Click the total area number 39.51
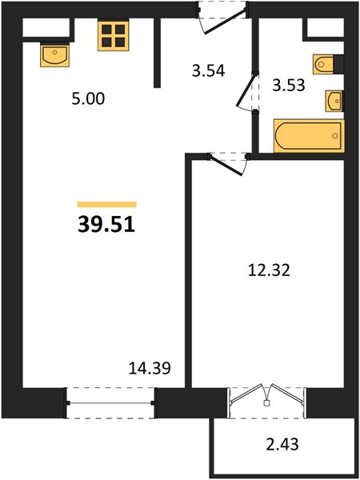click(x=106, y=225)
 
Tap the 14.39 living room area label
click(x=150, y=368)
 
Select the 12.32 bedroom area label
click(x=269, y=270)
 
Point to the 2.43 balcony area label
click(x=282, y=444)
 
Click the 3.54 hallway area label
click(x=209, y=70)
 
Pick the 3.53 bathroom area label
click(x=289, y=85)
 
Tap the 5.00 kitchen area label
click(x=88, y=98)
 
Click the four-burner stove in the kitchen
click(x=114, y=35)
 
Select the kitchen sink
click(x=54, y=55)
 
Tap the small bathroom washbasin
click(x=334, y=101)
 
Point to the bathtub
click(x=309, y=136)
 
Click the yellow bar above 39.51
click(x=106, y=204)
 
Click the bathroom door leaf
click(x=247, y=90)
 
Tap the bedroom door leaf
click(x=226, y=166)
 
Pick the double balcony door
click(x=266, y=393)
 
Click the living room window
click(x=110, y=403)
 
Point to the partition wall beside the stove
click(x=157, y=53)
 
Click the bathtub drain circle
click(x=335, y=136)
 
